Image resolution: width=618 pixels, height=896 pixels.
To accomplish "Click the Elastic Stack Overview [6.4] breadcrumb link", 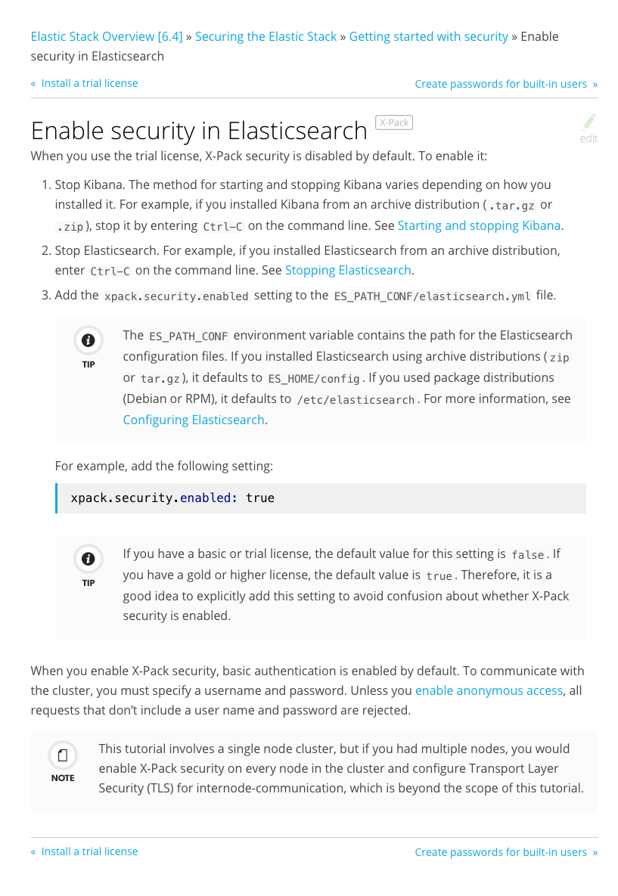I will [x=106, y=36].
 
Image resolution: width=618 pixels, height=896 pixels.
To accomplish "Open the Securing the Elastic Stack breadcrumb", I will [x=266, y=36].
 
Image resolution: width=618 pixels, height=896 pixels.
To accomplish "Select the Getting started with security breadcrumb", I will [x=428, y=36].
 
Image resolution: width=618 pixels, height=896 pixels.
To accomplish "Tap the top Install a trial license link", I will [x=89, y=83].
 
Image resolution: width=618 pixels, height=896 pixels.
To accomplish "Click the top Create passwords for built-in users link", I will [x=501, y=84].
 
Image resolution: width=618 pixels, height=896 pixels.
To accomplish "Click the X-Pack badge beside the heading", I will [x=394, y=122].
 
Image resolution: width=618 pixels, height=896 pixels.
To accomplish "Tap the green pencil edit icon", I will [x=589, y=122].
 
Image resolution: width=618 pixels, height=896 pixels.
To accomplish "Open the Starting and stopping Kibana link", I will [x=479, y=225].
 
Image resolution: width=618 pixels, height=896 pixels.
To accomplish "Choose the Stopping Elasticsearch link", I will [x=348, y=270].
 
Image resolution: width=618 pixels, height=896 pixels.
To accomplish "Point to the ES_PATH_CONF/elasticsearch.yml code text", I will [x=433, y=296].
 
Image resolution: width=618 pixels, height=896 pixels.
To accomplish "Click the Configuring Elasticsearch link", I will [x=194, y=420].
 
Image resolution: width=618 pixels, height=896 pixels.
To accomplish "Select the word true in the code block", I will [x=260, y=498].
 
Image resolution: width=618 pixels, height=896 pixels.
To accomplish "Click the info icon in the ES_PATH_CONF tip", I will [x=89, y=340].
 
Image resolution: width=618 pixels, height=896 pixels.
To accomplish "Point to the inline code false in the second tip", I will [x=528, y=555].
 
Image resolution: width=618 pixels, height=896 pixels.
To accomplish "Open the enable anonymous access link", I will [x=489, y=690].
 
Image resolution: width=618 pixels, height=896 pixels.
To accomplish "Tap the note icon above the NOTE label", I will [x=63, y=755].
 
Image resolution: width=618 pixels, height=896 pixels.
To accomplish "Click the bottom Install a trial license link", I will [x=89, y=851].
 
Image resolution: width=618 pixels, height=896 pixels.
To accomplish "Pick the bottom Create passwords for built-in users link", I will [x=501, y=852].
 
